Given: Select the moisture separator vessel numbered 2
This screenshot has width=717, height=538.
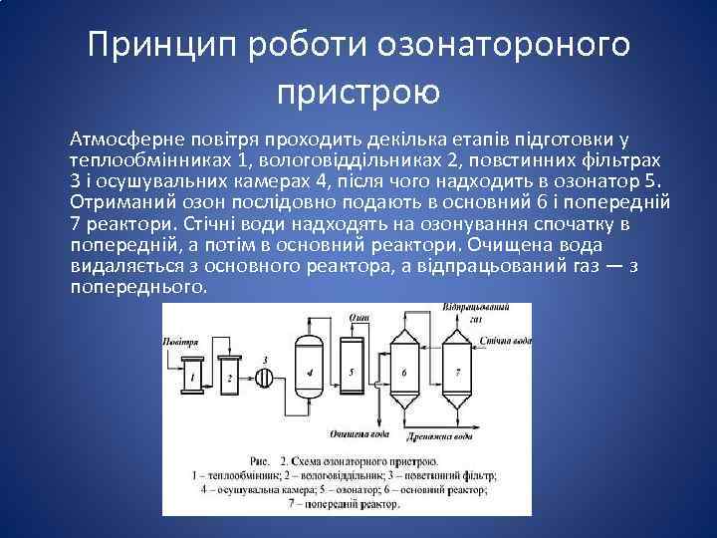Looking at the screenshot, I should pyautogui.click(x=230, y=378).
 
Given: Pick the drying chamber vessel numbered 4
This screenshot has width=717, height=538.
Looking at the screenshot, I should pyautogui.click(x=310, y=372).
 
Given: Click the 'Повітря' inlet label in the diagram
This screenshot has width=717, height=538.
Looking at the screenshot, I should pyautogui.click(x=180, y=341).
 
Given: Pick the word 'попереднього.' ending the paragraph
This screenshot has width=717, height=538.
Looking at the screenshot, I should pyautogui.click(x=139, y=287).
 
